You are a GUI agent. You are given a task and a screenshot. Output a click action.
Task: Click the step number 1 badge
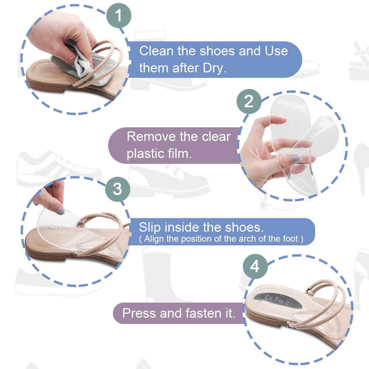[x=118, y=15]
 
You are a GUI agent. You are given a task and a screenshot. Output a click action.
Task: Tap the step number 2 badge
[x=249, y=101]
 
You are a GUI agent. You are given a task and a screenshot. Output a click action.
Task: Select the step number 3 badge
[x=118, y=189]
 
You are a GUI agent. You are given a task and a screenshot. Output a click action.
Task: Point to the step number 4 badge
[x=255, y=267]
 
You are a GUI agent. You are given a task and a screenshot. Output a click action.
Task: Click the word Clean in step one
[x=156, y=51]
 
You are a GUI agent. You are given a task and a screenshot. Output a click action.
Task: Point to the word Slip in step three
[x=150, y=228]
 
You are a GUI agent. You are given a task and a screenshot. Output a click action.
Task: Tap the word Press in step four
[x=139, y=313]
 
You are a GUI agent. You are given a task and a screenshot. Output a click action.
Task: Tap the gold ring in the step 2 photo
[x=269, y=146]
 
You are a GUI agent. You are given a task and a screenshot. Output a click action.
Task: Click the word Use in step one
[x=276, y=51]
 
